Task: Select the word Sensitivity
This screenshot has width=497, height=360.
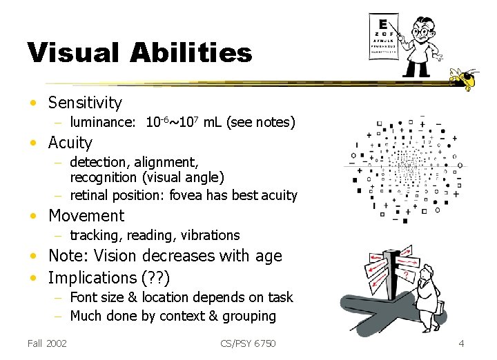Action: pyautogui.click(x=85, y=103)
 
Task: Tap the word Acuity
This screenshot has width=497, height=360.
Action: pyautogui.click(x=70, y=143)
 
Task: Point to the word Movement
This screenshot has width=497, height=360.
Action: pyautogui.click(x=86, y=216)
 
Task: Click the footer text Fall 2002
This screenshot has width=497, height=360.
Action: pyautogui.click(x=47, y=343)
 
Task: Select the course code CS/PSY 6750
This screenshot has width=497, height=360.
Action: pyautogui.click(x=248, y=343)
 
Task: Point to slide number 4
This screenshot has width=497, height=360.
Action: pyautogui.click(x=461, y=343)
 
